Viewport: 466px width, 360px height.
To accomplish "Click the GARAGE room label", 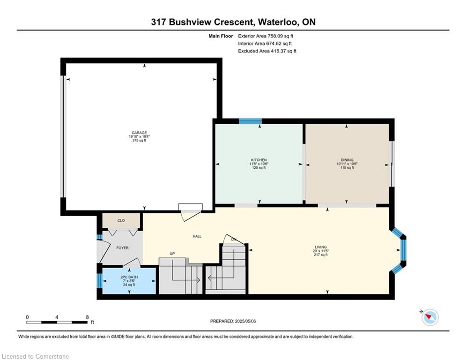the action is pos(140,133).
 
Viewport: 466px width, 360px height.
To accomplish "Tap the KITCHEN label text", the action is pos(259,160).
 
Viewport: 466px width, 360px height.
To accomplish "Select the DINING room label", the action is pos(347,160).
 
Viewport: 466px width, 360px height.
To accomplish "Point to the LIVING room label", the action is pos(321,247).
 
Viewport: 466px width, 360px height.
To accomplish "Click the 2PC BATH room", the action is pos(129,281).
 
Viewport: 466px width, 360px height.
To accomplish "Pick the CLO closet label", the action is pos(121,220).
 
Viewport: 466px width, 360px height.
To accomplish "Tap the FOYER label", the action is pos(122,247).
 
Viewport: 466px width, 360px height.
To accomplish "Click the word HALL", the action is pos(197,236).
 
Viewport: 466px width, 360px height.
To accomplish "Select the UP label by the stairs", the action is pos(172,254).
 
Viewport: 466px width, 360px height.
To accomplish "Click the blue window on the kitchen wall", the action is pos(250,121).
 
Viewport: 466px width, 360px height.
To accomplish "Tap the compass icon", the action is pos(430,317).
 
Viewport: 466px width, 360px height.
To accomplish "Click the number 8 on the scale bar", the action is pos(88,317).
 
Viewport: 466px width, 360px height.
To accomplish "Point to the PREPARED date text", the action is pos(233,321).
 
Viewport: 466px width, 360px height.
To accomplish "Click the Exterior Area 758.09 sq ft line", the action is pos(266,36).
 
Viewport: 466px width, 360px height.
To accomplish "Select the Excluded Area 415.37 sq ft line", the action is pos(267,51).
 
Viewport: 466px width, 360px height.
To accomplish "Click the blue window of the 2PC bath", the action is pos(100,281).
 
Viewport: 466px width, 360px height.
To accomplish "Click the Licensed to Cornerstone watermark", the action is pos(35,356).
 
